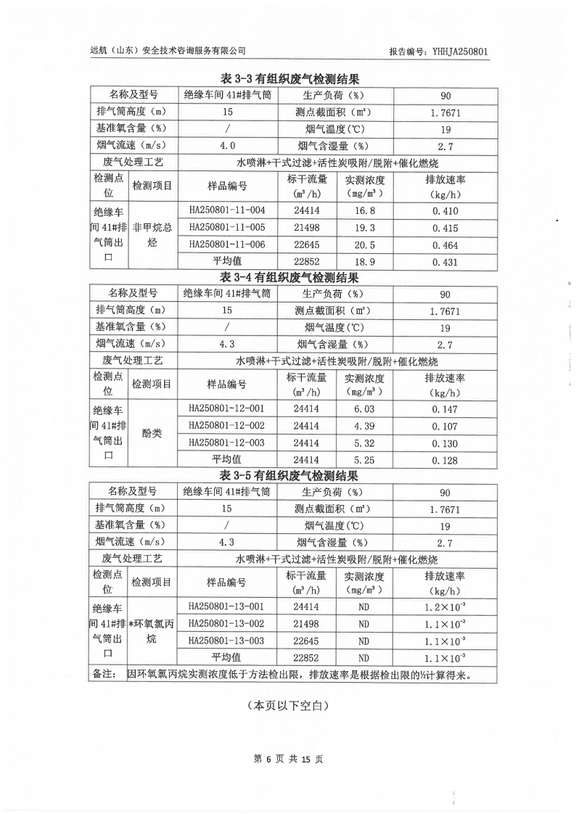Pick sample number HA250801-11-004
click(227, 210)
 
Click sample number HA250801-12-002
click(227, 426)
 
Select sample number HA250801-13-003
click(227, 641)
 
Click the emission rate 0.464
click(445, 246)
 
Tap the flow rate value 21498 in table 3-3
click(306, 229)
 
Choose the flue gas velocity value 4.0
click(228, 146)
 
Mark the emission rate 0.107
click(445, 427)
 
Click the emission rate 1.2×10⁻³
click(445, 607)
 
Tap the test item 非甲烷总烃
click(152, 236)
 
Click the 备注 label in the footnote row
click(106, 675)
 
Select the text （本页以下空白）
click(288, 704)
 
